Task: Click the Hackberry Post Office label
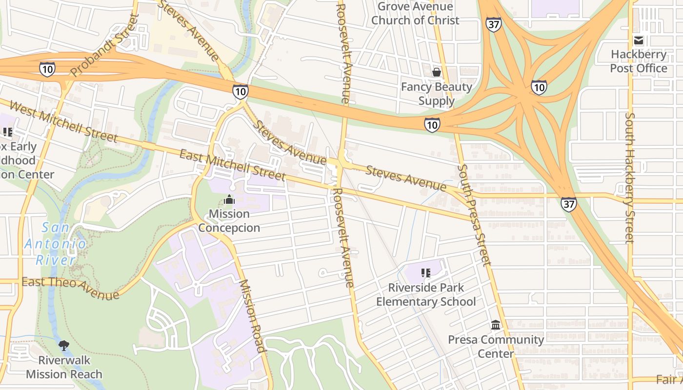pyautogui.click(x=638, y=61)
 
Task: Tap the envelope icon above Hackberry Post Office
pyautogui.click(x=638, y=40)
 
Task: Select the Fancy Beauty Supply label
pyautogui.click(x=436, y=94)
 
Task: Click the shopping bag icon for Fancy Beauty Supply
pyautogui.click(x=436, y=72)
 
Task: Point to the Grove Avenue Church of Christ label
pyautogui.click(x=415, y=13)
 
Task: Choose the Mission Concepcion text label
pyautogui.click(x=229, y=221)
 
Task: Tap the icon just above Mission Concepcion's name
pyautogui.click(x=229, y=199)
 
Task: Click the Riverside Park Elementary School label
pyautogui.click(x=425, y=294)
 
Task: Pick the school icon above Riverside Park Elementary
pyautogui.click(x=425, y=273)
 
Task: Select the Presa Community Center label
pyautogui.click(x=496, y=346)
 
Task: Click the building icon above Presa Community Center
pyautogui.click(x=496, y=325)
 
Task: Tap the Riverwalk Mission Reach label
pyautogui.click(x=64, y=367)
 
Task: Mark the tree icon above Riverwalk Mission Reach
pyautogui.click(x=63, y=346)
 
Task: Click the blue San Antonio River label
pyautogui.click(x=56, y=243)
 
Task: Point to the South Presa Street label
pyautogui.click(x=474, y=214)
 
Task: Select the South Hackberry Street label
pyautogui.click(x=630, y=178)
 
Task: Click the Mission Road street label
pyautogui.click(x=252, y=315)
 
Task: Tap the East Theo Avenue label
pyautogui.click(x=70, y=288)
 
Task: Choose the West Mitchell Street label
pyautogui.click(x=63, y=121)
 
